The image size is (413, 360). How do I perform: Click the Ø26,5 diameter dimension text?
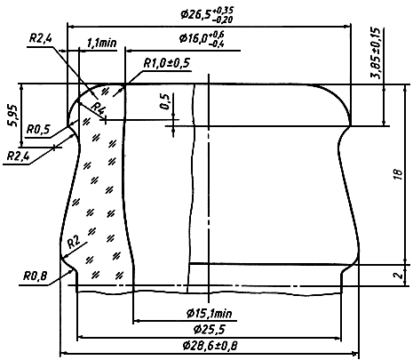tap(207, 14)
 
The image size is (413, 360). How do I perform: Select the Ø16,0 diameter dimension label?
tap(202, 38)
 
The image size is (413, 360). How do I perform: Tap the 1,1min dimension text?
tap(101, 44)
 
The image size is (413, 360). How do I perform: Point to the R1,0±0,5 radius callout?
tap(167, 63)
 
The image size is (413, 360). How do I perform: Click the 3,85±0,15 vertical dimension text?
tap(376, 53)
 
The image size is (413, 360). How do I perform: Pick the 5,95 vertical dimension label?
tap(14, 116)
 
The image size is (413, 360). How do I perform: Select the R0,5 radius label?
tap(38, 130)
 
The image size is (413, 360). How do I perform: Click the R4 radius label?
tap(98, 108)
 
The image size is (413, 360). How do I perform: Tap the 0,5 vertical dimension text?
tap(165, 101)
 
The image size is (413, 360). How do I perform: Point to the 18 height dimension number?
tap(399, 175)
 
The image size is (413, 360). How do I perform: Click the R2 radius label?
tap(74, 243)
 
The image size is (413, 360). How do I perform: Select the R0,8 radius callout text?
tap(36, 276)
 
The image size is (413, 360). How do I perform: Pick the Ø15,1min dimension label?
tap(210, 314)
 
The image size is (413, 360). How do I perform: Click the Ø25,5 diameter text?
tap(210, 330)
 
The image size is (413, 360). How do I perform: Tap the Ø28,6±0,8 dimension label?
tap(210, 346)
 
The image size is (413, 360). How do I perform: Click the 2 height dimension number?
tap(399, 276)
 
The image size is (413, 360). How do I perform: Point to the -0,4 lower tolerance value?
tap(217, 44)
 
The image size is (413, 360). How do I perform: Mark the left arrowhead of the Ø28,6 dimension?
tap(65, 353)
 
